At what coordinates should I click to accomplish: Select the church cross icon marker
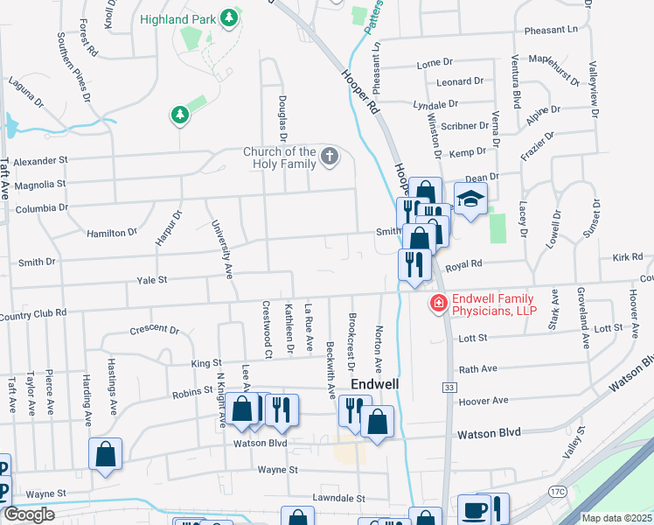tap(329, 157)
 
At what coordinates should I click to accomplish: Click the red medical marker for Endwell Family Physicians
tap(435, 304)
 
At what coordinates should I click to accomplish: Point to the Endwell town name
tap(375, 384)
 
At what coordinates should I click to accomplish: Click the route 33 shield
tap(449, 387)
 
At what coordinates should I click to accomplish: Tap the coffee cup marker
tap(474, 509)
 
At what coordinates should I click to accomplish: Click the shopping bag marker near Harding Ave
tap(105, 454)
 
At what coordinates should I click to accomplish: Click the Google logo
tap(28, 514)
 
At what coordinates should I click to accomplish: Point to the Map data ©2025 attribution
tap(616, 518)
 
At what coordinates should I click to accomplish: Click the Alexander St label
tap(40, 161)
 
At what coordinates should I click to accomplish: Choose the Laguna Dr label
tap(26, 91)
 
